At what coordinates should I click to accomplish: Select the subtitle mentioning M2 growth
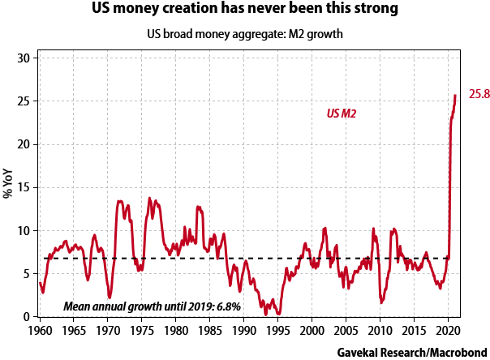coord(245,35)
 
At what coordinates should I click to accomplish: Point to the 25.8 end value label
coord(474,95)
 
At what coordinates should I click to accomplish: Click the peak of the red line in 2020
coord(455,95)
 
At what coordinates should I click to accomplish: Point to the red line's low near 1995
coord(278,314)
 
